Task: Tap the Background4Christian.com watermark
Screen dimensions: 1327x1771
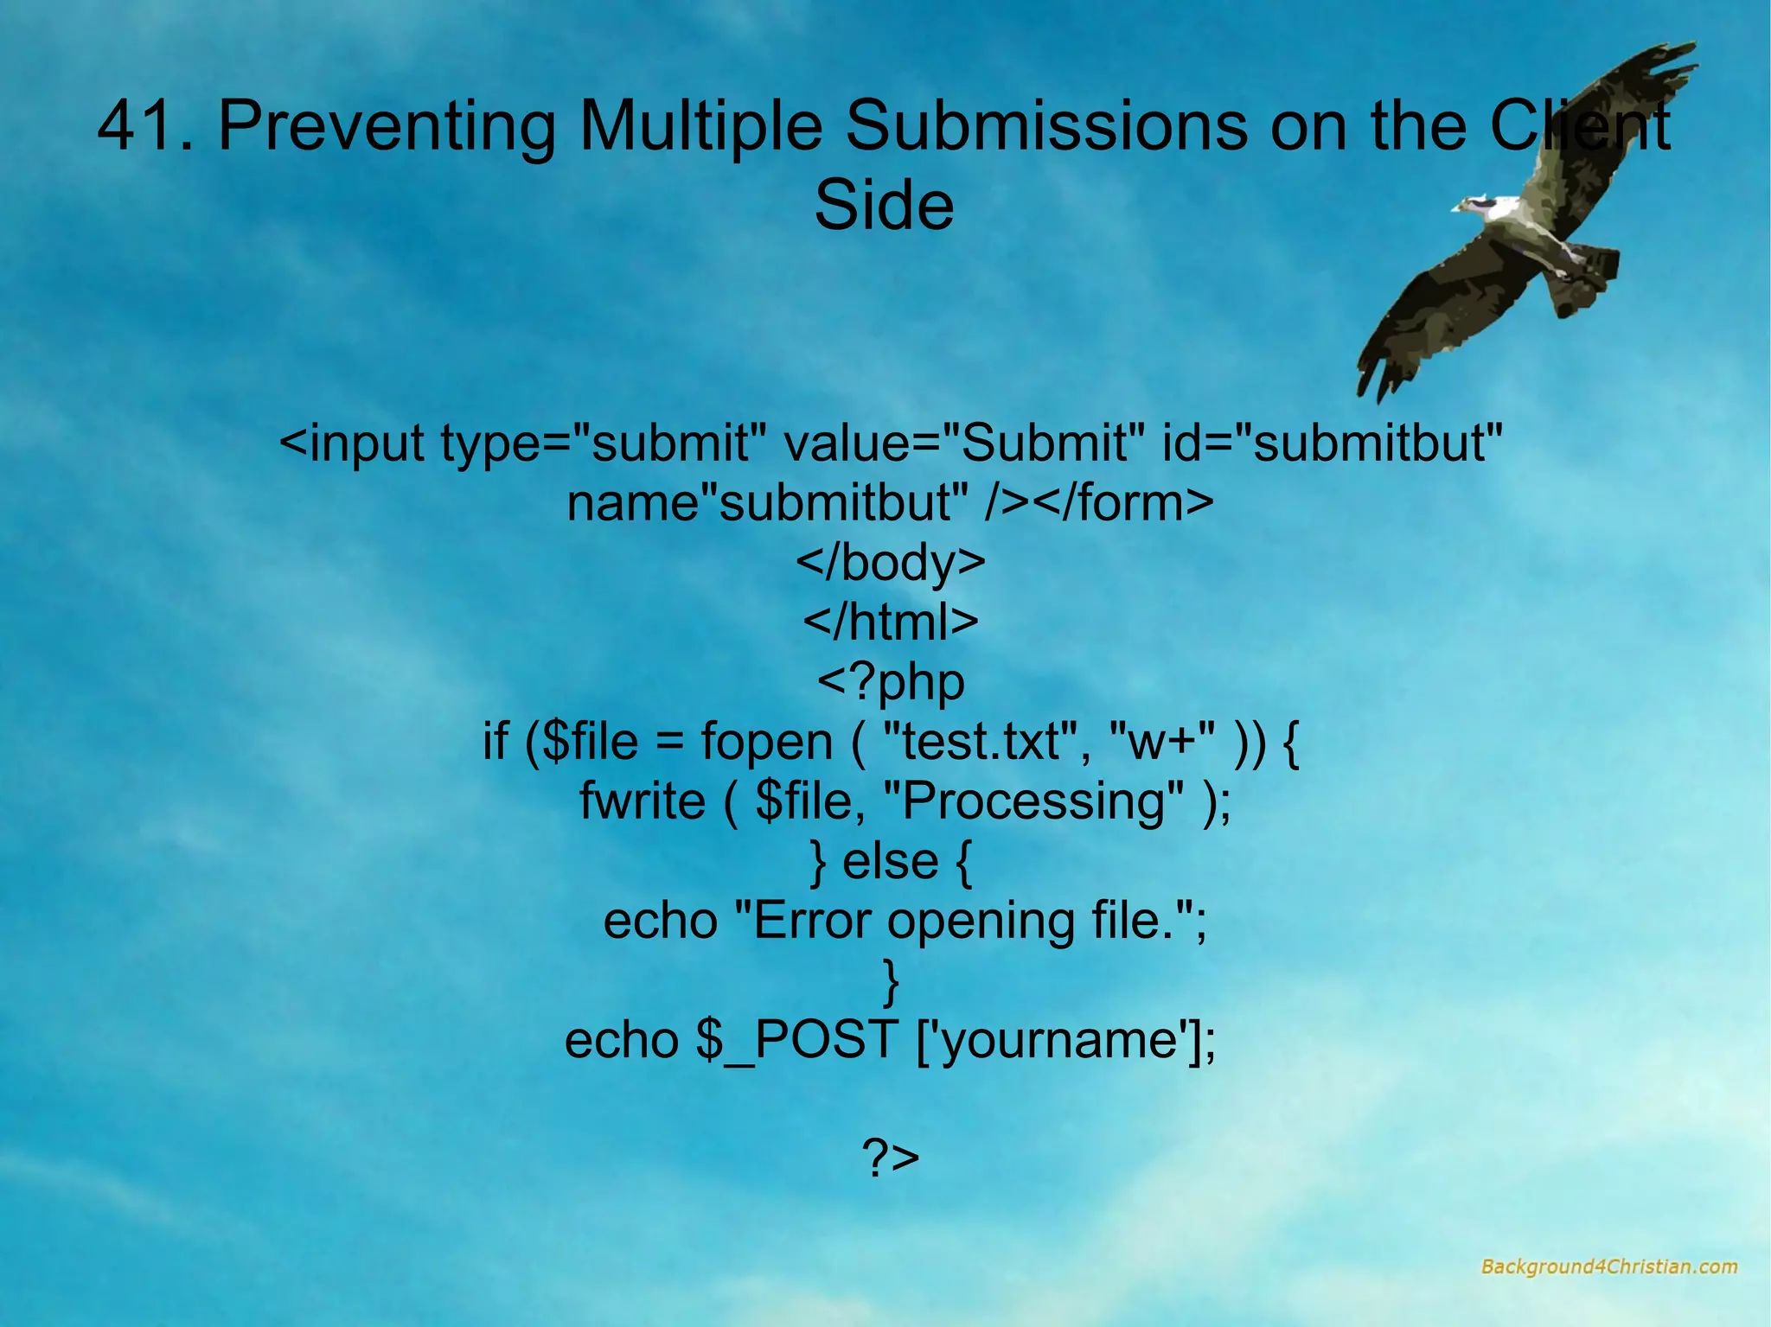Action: [x=1608, y=1267]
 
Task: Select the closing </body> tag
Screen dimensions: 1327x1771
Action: [x=890, y=562]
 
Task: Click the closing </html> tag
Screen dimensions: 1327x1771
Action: [x=890, y=622]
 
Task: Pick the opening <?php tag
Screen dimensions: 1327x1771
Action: [x=890, y=682]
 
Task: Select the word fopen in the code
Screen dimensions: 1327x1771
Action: [x=766, y=742]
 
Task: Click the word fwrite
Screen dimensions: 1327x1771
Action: [x=642, y=801]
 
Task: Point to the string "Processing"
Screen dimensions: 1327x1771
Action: [x=1042, y=801]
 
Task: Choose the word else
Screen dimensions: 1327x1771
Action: [x=890, y=861]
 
